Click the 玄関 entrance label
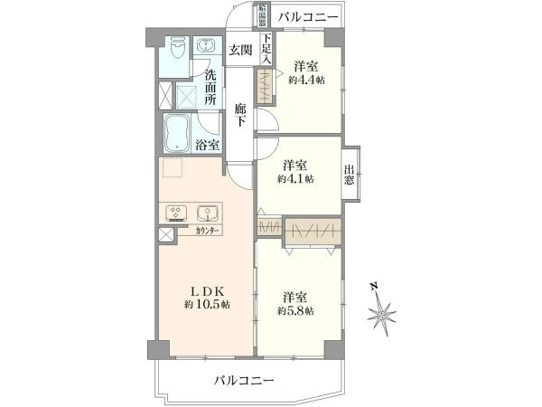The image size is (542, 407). click(x=239, y=50)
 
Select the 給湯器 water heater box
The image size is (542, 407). click(x=263, y=16)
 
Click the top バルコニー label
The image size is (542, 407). click(x=308, y=17)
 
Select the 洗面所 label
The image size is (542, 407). click(x=210, y=88)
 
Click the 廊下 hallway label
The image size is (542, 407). click(x=239, y=115)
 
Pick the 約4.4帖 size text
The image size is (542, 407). click(x=306, y=80)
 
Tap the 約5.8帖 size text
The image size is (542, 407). click(x=296, y=310)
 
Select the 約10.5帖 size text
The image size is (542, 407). click(x=208, y=305)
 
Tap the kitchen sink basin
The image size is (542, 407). click(x=208, y=214)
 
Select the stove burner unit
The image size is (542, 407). click(x=176, y=214)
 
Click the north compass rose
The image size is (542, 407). click(x=381, y=316)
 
